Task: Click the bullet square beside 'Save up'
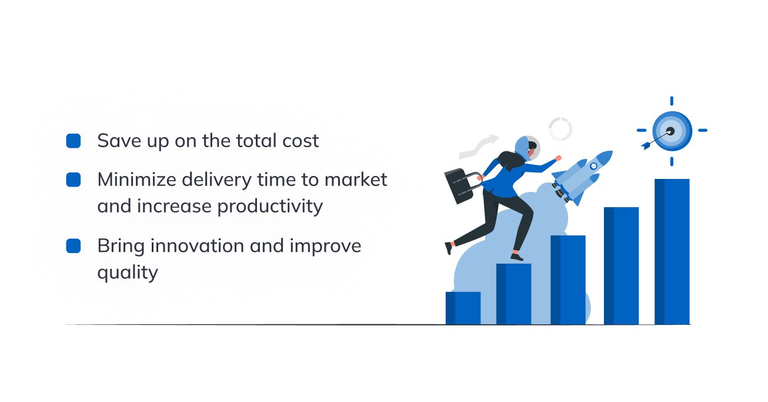click(74, 141)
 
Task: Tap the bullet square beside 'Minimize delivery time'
click(74, 180)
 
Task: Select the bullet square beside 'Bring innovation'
click(74, 246)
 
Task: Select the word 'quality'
click(128, 273)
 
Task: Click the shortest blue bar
click(463, 308)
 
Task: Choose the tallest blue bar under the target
click(672, 251)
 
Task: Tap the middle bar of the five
click(568, 280)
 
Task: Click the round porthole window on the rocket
click(593, 167)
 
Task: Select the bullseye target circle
click(672, 131)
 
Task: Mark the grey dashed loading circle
click(560, 129)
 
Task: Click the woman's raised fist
click(558, 158)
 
